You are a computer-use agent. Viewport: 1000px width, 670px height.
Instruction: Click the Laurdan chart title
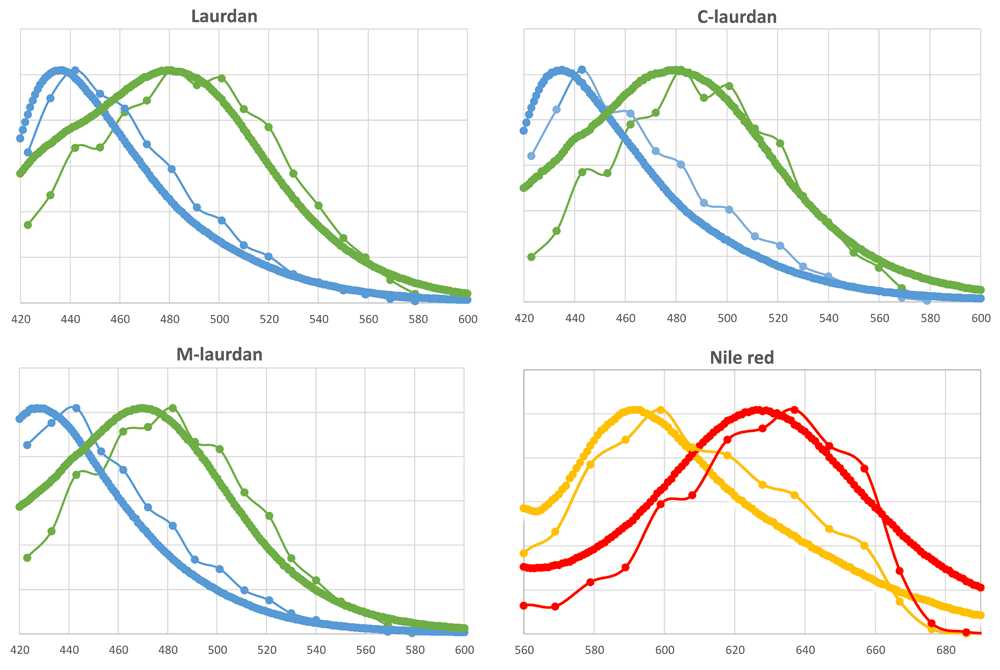(x=246, y=17)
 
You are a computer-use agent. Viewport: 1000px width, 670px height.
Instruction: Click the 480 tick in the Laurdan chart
(x=170, y=319)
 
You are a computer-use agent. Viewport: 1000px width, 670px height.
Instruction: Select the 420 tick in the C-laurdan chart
(x=524, y=319)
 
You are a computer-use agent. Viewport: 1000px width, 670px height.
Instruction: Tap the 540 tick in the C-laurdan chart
(x=829, y=319)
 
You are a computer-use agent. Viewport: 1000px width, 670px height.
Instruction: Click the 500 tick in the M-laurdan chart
(x=218, y=650)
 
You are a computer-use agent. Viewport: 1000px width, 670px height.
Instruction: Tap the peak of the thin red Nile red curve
(x=795, y=409)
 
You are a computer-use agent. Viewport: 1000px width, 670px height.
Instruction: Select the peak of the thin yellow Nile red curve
(x=661, y=409)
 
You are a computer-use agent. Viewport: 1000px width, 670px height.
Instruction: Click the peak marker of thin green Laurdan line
(x=221, y=77)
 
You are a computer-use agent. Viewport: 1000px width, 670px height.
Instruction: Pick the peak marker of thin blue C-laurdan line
(x=582, y=69)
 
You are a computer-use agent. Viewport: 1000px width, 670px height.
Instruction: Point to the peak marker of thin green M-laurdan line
(x=172, y=408)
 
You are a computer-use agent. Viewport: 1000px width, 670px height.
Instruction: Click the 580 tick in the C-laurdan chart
(x=930, y=319)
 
